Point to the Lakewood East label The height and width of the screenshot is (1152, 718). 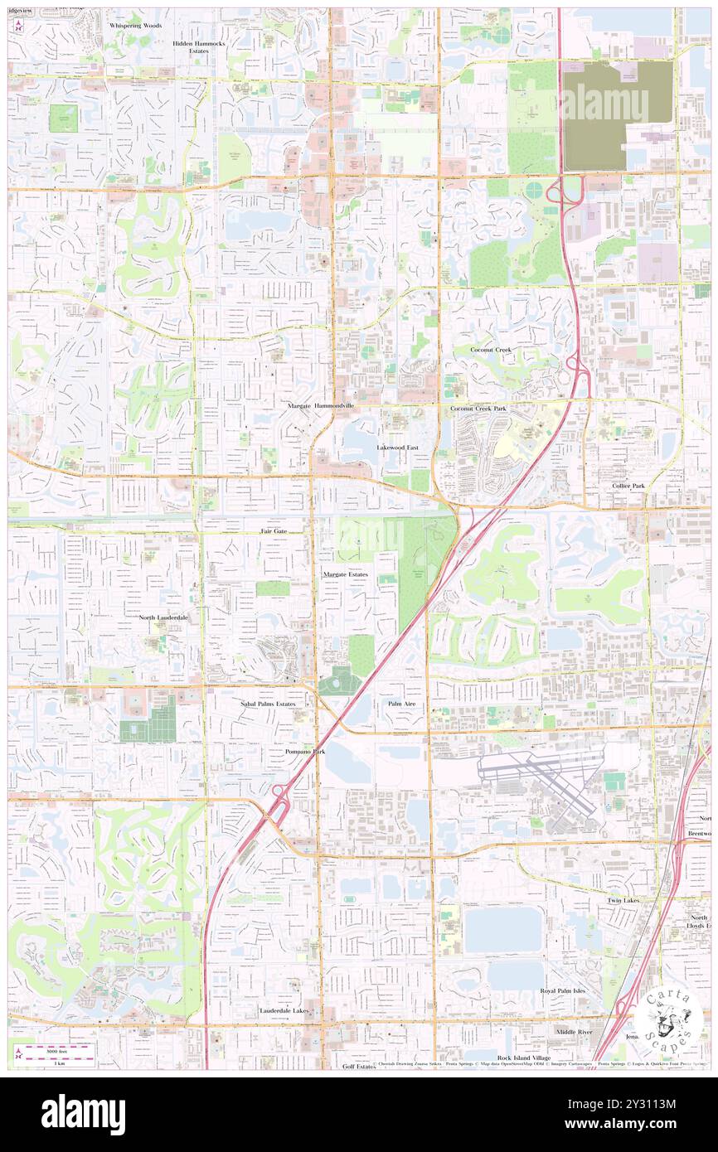pyautogui.click(x=398, y=447)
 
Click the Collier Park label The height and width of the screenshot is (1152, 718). pyautogui.click(x=628, y=485)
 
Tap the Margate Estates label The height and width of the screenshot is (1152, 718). pyautogui.click(x=346, y=574)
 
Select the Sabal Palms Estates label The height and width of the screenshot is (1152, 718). pyautogui.click(x=268, y=704)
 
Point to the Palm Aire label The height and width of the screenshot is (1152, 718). pyautogui.click(x=401, y=703)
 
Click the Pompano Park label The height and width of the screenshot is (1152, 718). pyautogui.click(x=305, y=751)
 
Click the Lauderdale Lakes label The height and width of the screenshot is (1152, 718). pyautogui.click(x=284, y=1010)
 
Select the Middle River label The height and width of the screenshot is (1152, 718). pyautogui.click(x=574, y=1032)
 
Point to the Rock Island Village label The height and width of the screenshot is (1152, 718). pyautogui.click(x=524, y=1058)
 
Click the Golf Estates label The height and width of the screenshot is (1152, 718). pyautogui.click(x=359, y=1067)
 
